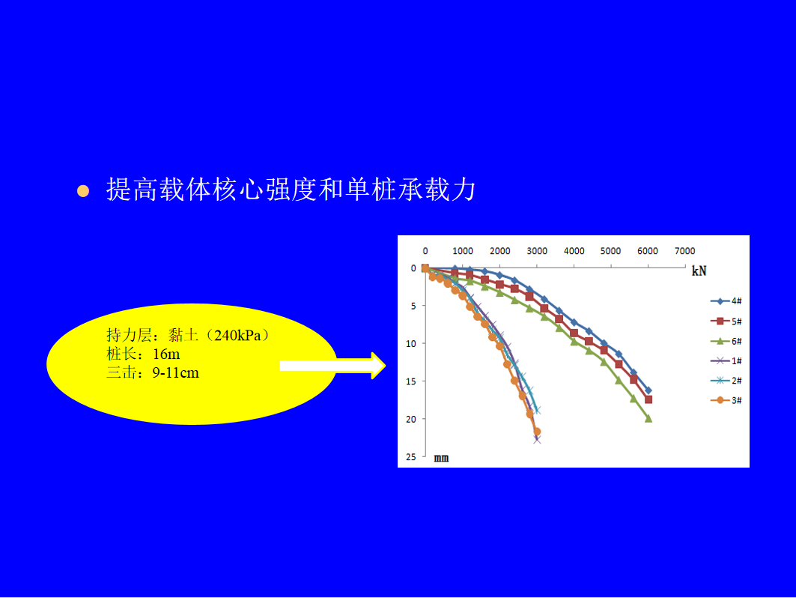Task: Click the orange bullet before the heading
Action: (83, 191)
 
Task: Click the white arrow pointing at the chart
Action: (333, 365)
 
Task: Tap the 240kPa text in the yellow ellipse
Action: (237, 335)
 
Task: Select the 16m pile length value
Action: (166, 354)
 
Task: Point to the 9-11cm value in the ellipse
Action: (176, 373)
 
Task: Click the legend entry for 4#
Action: (726, 301)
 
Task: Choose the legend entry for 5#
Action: (726, 321)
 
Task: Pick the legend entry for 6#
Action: (726, 341)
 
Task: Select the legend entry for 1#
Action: (726, 360)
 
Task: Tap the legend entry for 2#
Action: (726, 381)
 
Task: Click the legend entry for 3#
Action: (726, 400)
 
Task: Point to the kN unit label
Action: (699, 271)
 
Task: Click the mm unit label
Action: (441, 458)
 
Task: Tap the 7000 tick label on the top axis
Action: (684, 251)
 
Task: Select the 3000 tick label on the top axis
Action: (537, 251)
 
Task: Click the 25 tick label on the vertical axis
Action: (410, 457)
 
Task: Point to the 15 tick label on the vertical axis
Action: (410, 381)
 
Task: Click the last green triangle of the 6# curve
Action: (648, 419)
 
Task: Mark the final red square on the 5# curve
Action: (648, 399)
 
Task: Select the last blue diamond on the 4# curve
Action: (648, 390)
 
